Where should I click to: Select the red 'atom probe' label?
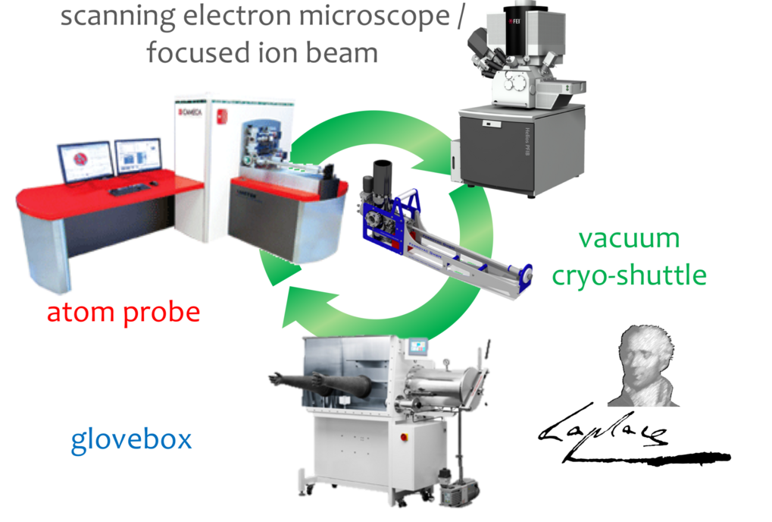[123, 311]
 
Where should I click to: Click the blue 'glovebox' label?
[131, 440]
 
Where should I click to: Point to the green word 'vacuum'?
[629, 238]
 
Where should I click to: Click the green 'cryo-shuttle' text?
[629, 275]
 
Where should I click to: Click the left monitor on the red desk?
[86, 162]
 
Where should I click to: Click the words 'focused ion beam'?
[261, 53]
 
